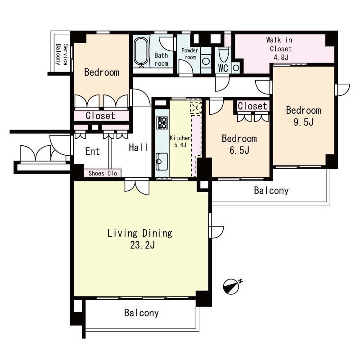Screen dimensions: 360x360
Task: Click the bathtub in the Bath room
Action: (x=141, y=52)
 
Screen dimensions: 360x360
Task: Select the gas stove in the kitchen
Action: (x=162, y=122)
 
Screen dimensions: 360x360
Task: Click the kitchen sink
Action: (x=162, y=162)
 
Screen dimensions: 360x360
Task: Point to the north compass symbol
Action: (x=232, y=286)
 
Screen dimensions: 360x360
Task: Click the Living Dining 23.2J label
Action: (x=140, y=239)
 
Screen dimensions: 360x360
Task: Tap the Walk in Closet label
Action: (x=279, y=49)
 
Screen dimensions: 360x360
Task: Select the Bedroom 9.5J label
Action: (x=303, y=116)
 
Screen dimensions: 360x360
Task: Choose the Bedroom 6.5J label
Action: (x=239, y=144)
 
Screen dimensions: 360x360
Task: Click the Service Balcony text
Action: (x=62, y=54)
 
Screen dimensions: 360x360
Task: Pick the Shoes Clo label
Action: (x=103, y=173)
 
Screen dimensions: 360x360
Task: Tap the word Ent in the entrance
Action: (x=93, y=151)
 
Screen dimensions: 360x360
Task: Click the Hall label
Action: (x=138, y=148)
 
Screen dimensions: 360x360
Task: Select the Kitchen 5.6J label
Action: (x=180, y=141)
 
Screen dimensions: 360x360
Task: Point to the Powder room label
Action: (x=189, y=54)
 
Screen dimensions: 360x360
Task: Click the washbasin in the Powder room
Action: (x=206, y=61)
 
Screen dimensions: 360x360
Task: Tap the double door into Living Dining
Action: (x=137, y=186)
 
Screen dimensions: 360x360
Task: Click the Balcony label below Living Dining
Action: (x=141, y=313)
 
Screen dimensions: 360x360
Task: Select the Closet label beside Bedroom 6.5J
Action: (x=252, y=106)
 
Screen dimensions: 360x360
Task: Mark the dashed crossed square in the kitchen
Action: (x=196, y=108)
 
